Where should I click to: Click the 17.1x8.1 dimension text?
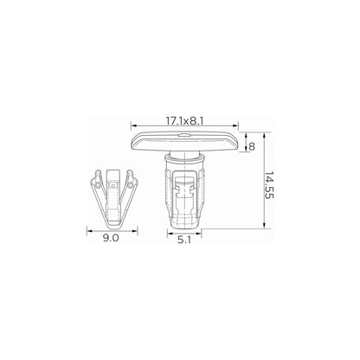184,121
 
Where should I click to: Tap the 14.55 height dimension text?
269,185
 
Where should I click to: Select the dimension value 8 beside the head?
252,146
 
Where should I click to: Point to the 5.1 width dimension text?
184,240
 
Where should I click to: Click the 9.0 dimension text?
111,238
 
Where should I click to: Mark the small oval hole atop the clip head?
183,134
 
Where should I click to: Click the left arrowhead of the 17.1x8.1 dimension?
133,125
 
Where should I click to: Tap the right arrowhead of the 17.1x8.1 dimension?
236,125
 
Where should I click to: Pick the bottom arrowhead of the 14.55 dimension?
264,226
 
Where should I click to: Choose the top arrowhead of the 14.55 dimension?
264,135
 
